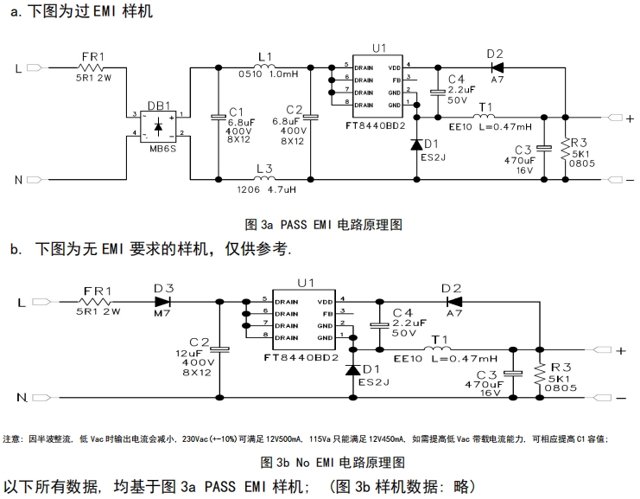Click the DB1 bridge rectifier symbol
coord(158,125)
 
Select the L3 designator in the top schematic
coord(263,169)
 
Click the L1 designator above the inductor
coord(264,55)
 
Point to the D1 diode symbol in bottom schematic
coord(352,369)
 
